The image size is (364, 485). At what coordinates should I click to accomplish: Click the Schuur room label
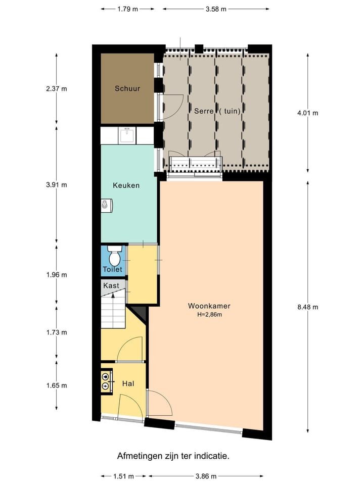pos(127,88)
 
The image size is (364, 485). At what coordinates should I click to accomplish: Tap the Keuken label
pos(126,185)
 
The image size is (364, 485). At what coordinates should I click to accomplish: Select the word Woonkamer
pos(209,306)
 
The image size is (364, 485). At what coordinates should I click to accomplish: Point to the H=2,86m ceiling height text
pos(209,315)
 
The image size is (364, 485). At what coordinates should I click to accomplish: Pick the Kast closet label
pos(111,285)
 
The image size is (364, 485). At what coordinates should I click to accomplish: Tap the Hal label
pos(128,383)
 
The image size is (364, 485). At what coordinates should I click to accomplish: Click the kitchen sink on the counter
pos(127,135)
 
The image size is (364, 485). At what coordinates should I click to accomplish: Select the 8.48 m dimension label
pos(308,307)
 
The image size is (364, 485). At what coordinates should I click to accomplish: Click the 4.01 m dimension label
pos(308,113)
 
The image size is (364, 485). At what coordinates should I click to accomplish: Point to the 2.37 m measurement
pos(56,89)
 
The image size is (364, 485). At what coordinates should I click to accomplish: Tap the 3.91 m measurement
pos(56,185)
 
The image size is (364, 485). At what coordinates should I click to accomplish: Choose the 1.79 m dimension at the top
pos(127,9)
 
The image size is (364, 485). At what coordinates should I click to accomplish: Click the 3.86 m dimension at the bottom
pos(206,476)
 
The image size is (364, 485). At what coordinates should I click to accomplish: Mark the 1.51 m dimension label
pos(123,476)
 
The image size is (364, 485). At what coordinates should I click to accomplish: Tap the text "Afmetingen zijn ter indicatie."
pos(173,456)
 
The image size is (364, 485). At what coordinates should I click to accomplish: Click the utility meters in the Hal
pos(106,381)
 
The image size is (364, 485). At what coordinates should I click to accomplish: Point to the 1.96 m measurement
pos(56,275)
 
